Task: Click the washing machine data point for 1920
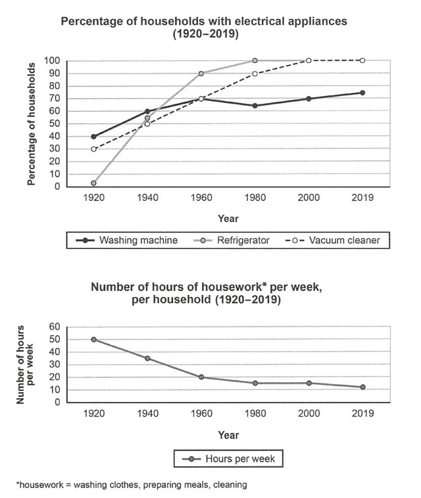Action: pos(94,137)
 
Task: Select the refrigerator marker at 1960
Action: pos(201,74)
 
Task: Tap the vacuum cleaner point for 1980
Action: pos(255,74)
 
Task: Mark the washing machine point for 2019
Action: pos(362,93)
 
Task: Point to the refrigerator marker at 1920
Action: pos(94,183)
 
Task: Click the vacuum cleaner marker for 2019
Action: pos(362,60)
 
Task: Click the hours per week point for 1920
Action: pos(94,340)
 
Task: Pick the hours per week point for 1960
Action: pos(201,377)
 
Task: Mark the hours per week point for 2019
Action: pos(362,387)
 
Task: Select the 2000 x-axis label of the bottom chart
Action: pos(309,414)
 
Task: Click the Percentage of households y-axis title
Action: pos(32,124)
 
